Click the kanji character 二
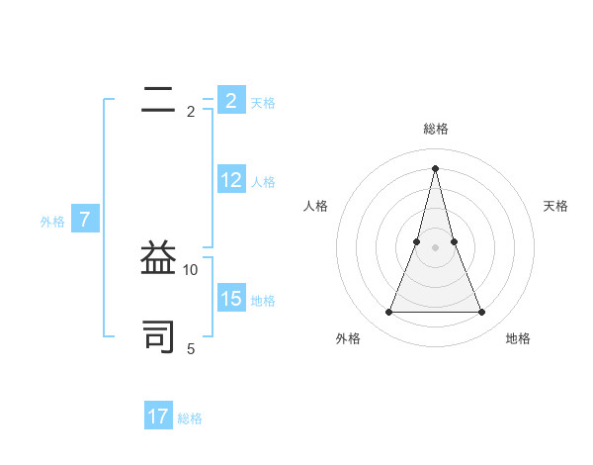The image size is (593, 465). click(158, 100)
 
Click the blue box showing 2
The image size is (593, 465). click(230, 100)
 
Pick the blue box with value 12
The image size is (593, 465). click(230, 180)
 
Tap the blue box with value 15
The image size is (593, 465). click(230, 299)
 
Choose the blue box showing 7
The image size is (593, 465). click(85, 220)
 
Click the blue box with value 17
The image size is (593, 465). click(158, 417)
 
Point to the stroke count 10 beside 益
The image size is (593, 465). click(191, 269)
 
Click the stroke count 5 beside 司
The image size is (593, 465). click(191, 348)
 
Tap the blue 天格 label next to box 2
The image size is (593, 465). click(263, 103)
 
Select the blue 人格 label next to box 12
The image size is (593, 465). click(263, 182)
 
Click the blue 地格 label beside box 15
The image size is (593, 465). click(263, 301)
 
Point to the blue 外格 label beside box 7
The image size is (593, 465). click(52, 222)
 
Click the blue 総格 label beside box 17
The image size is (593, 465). click(190, 418)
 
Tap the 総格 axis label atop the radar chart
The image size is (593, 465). click(436, 129)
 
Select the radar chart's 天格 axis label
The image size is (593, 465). click(556, 206)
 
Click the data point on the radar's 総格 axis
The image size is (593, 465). click(436, 167)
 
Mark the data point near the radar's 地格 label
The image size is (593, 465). click(482, 313)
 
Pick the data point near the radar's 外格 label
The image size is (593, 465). click(389, 313)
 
